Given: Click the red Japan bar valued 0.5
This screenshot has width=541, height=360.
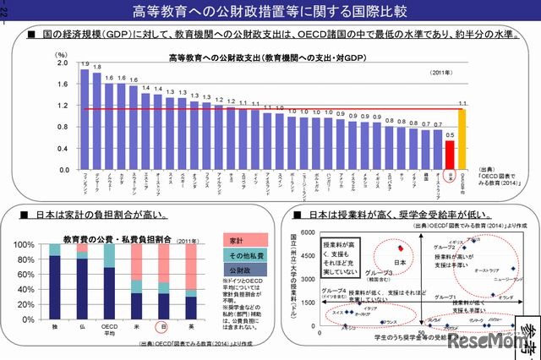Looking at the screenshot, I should [x=451, y=155].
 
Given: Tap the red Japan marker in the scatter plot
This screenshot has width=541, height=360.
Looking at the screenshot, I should [x=401, y=248].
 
